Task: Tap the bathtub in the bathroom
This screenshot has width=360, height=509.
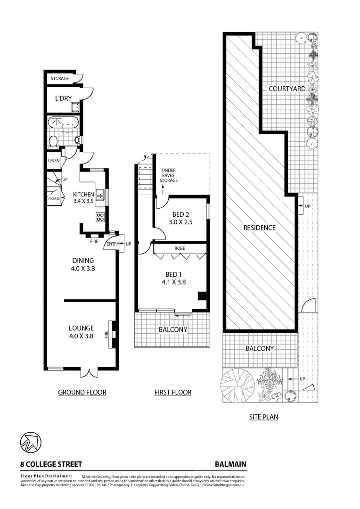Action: [64, 124]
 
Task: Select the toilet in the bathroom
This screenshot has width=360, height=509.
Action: [53, 141]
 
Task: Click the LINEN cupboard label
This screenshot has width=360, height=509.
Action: [54, 161]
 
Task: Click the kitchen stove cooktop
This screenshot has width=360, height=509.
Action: [100, 217]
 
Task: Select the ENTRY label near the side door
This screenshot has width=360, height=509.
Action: [113, 244]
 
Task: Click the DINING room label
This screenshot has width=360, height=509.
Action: [83, 261]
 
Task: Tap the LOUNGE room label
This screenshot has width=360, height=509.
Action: [81, 328]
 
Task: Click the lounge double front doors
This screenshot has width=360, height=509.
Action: [88, 372]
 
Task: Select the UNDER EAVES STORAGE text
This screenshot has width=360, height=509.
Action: [168, 175]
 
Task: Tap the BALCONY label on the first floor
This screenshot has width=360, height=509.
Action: [172, 329]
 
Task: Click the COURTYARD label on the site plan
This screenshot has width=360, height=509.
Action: [287, 88]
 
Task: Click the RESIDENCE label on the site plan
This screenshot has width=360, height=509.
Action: [259, 228]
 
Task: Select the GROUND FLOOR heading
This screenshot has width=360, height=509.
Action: [82, 392]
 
